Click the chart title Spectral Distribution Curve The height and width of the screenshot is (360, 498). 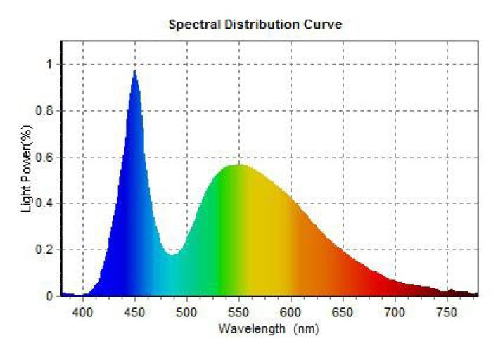point(255,25)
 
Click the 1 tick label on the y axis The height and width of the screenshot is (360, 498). point(50,65)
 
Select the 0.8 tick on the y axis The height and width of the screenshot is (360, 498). point(46,111)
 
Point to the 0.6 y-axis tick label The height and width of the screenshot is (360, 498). point(46,157)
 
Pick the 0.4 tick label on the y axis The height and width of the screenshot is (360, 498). point(46,204)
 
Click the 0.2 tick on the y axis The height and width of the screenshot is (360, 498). point(46,250)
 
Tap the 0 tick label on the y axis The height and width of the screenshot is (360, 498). point(50,296)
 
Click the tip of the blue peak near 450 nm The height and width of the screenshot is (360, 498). point(134,70)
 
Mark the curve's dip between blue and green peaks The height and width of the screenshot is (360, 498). point(173,255)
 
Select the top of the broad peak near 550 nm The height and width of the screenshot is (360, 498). point(239,165)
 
